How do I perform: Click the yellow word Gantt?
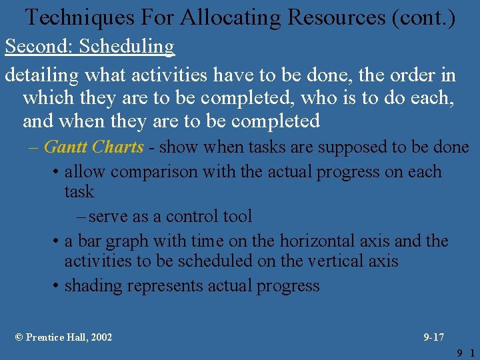click(65, 147)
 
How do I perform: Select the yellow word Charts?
click(118, 147)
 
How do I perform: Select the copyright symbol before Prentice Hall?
click(19, 337)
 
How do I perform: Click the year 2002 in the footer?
click(101, 337)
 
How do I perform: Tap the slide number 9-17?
click(434, 337)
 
